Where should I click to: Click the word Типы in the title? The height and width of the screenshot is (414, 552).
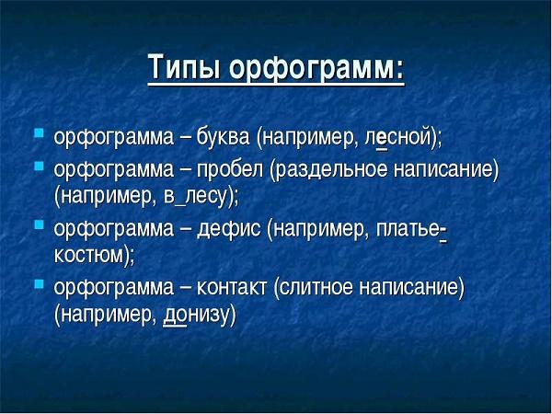184,70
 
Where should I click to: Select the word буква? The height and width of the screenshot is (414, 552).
222,138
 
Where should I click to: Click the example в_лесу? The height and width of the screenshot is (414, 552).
197,196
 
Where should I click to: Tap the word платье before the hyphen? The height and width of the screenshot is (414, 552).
407,227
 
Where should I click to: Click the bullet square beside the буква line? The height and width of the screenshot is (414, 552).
39,136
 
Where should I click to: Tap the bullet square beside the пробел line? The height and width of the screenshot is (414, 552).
39,167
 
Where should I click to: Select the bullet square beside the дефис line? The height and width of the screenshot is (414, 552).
39,225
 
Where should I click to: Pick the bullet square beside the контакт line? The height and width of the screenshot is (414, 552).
39,284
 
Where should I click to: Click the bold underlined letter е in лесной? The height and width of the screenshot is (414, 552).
381,139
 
